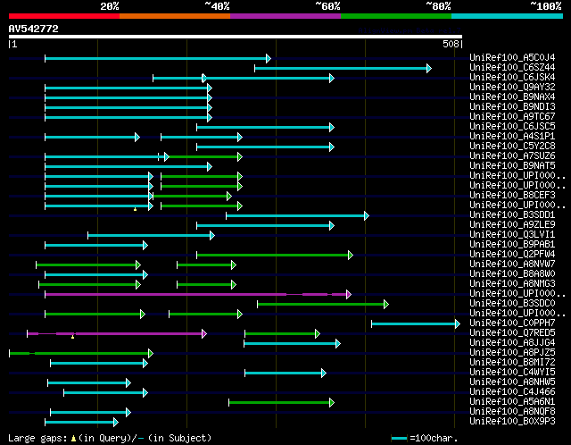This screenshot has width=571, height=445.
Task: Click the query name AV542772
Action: point(33,29)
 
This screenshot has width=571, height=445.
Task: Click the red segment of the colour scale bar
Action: point(62,15)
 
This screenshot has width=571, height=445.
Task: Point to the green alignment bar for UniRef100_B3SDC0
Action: point(321,304)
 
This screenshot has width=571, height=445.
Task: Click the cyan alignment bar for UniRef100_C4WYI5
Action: point(285,373)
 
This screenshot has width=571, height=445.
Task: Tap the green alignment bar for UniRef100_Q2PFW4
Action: point(274,255)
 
